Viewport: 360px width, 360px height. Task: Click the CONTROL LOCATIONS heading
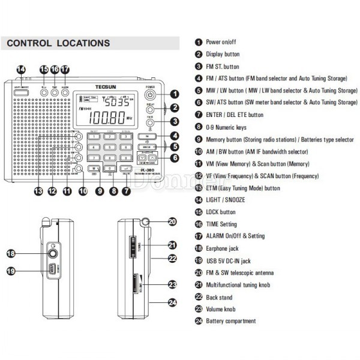[x=58, y=43]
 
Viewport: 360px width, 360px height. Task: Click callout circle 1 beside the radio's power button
[x=175, y=94]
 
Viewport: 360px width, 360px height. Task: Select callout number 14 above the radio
[x=21, y=70]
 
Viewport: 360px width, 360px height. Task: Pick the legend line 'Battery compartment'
[x=232, y=321]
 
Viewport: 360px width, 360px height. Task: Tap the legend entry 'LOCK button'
[x=221, y=212]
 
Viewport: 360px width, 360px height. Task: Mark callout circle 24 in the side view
[x=172, y=304]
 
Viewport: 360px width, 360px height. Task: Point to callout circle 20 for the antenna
[x=172, y=222]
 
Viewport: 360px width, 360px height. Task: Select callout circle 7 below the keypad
[x=126, y=191]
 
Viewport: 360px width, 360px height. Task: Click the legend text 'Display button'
[x=223, y=54]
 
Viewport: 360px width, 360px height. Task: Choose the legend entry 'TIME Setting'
[x=221, y=224]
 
